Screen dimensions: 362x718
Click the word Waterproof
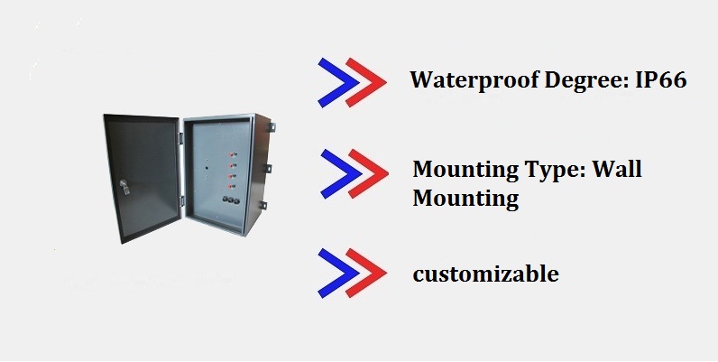tap(464, 80)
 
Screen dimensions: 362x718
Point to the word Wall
tap(617, 170)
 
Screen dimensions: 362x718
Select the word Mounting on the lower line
tap(465, 198)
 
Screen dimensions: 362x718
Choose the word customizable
tap(485, 273)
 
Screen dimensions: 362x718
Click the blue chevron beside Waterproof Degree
tap(333, 80)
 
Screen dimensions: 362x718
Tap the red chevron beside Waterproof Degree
tap(364, 80)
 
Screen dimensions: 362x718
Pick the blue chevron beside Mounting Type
tap(336, 172)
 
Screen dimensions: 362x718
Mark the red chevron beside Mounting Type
tap(366, 172)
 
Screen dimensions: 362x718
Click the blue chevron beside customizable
tap(333, 273)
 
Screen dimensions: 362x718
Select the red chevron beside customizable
tap(364, 273)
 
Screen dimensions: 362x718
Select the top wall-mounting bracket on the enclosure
tap(269, 129)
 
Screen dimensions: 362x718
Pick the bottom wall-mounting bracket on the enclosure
tap(268, 205)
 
